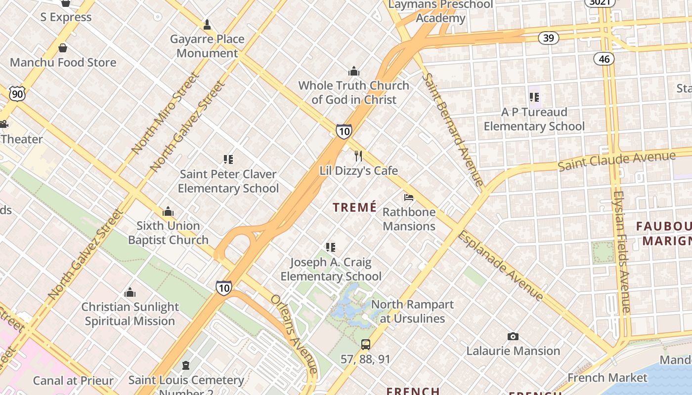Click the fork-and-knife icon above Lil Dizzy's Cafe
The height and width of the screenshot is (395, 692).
point(358,157)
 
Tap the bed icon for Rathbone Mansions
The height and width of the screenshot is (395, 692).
point(409,197)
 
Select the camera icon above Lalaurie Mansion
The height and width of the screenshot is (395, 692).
point(513,337)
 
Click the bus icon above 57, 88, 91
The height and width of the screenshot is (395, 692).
point(365,345)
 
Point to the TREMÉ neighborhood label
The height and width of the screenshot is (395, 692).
point(355,207)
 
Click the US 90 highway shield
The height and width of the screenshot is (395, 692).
point(17,94)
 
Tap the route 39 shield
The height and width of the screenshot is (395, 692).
point(548,38)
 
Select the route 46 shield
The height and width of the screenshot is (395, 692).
point(604,59)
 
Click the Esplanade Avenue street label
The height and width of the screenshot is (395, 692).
point(500,266)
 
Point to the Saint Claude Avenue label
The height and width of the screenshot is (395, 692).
point(616,161)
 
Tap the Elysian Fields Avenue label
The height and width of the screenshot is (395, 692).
point(621,252)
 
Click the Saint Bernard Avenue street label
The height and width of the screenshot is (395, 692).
point(452,129)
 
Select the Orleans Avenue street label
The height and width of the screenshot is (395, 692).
point(294,334)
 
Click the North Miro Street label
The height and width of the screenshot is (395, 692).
point(165,113)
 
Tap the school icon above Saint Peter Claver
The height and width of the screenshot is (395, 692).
point(228,159)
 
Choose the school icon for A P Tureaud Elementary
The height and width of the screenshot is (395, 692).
point(534,97)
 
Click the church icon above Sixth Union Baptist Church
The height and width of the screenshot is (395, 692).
point(168,212)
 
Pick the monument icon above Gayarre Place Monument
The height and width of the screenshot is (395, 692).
point(207,25)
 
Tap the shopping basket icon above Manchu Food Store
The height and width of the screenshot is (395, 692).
point(63,48)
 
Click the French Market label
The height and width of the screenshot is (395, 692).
point(607,378)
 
